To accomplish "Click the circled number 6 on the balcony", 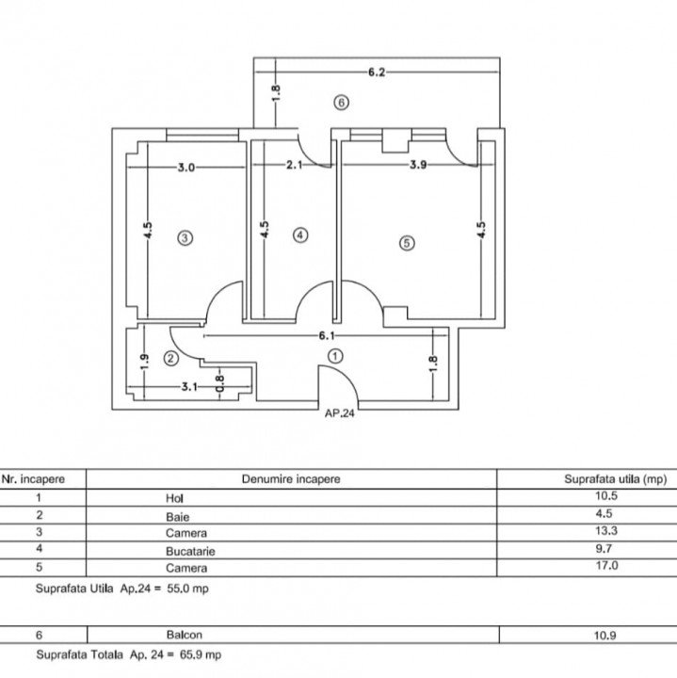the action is (x=341, y=103).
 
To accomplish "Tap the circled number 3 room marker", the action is (x=185, y=238).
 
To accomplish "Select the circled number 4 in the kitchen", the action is (x=300, y=235).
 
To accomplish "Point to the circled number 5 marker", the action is (x=407, y=243).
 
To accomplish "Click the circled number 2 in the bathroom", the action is (x=170, y=359).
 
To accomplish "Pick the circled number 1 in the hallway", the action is (x=335, y=356).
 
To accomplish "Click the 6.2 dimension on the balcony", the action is (x=377, y=73).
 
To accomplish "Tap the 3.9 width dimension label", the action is (x=418, y=165).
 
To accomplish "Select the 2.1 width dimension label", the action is (x=294, y=165).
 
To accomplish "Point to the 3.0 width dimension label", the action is (x=186, y=168).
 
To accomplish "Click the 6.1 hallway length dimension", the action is (x=327, y=336).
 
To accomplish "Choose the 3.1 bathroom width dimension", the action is (x=189, y=387).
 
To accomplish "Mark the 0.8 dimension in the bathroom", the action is (x=219, y=383).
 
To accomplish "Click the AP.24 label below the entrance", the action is (x=340, y=413).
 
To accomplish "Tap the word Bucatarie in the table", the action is (x=190, y=551).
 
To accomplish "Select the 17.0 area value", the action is (x=606, y=566).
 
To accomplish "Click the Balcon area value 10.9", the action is (x=604, y=636).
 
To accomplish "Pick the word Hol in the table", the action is (x=174, y=498).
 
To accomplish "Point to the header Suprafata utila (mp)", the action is (x=616, y=479).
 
